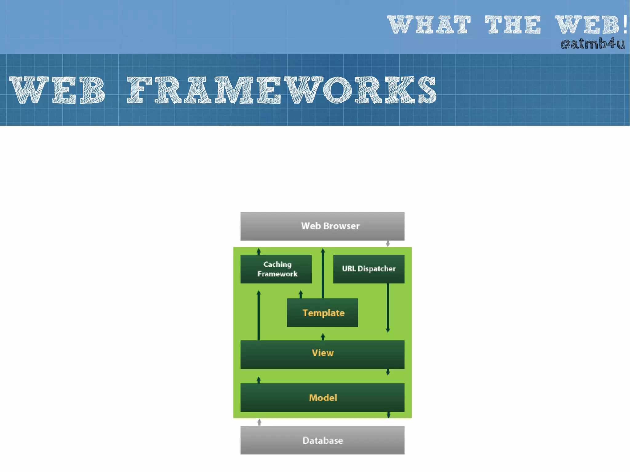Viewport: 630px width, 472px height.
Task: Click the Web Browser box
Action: (322, 226)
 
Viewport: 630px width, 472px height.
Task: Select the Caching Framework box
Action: (276, 269)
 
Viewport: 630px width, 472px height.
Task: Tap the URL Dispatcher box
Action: (369, 269)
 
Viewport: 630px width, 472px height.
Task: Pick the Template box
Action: (322, 312)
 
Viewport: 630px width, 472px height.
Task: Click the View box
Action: (322, 354)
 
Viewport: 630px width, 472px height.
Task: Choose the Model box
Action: (322, 397)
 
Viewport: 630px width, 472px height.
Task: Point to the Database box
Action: (322, 440)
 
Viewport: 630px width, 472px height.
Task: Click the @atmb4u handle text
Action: (592, 44)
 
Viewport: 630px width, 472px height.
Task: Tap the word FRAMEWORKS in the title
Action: (282, 90)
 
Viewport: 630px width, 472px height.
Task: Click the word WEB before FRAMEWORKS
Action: (58, 90)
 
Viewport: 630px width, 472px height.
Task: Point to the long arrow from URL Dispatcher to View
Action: (388, 307)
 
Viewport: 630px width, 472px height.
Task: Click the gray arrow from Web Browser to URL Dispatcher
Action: (388, 244)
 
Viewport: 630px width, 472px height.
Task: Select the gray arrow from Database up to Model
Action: (259, 422)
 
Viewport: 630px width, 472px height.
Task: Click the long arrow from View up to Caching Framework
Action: (258, 315)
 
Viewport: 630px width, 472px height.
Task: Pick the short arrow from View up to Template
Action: (323, 336)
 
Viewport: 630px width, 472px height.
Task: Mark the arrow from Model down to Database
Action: (388, 415)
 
